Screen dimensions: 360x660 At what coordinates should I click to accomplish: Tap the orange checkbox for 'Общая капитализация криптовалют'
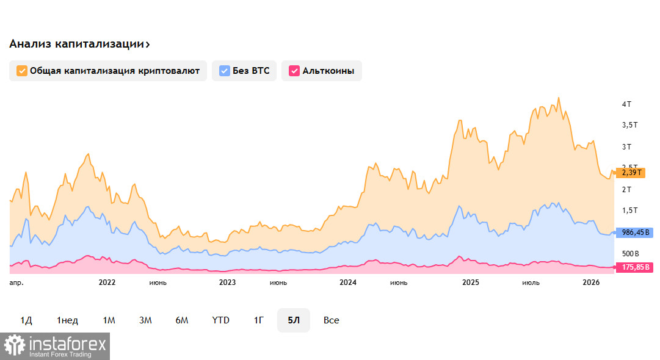[x=22, y=71]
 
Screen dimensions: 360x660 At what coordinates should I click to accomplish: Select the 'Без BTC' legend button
[x=244, y=71]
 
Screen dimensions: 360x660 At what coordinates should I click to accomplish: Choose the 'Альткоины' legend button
[x=322, y=71]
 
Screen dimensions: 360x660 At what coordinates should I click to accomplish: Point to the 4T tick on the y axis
[x=626, y=104]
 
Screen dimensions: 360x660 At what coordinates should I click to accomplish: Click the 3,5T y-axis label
[x=629, y=125]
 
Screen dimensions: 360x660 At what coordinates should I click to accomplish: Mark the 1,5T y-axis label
[x=629, y=211]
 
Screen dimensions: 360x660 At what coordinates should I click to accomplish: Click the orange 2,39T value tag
[x=630, y=173]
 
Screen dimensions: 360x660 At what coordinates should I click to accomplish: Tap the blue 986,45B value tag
[x=634, y=232]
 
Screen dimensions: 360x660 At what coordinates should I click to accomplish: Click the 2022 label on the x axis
[x=107, y=283]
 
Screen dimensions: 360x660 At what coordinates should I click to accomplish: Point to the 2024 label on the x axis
[x=348, y=283]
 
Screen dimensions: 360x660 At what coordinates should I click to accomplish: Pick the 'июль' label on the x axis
[x=531, y=283]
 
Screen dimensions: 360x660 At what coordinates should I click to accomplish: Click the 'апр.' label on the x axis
[x=18, y=283]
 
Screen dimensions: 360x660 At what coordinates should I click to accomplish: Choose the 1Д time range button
[x=26, y=320]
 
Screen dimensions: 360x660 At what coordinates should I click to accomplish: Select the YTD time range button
[x=220, y=320]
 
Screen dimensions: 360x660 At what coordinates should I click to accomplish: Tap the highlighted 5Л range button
[x=294, y=320]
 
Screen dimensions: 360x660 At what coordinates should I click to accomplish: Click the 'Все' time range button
[x=332, y=320]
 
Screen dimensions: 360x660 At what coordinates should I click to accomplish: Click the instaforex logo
[x=55, y=346]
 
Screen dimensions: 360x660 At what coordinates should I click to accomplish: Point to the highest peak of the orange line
[x=558, y=98]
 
